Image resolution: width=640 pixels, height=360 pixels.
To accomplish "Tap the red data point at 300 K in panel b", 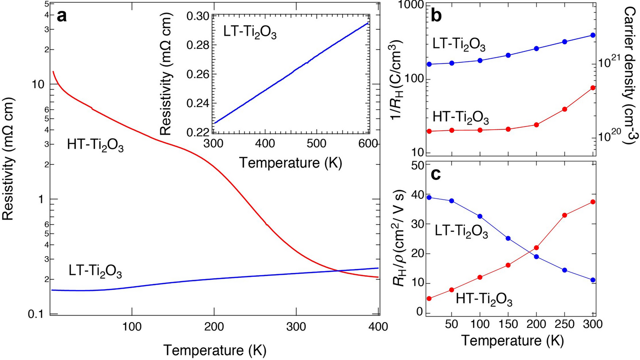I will click(x=593, y=88).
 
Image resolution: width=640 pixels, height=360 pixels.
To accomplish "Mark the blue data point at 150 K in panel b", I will click(x=508, y=55).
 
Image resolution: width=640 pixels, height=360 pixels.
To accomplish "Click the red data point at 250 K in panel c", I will click(x=565, y=215).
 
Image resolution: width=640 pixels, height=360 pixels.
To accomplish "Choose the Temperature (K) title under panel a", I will click(x=215, y=350).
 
